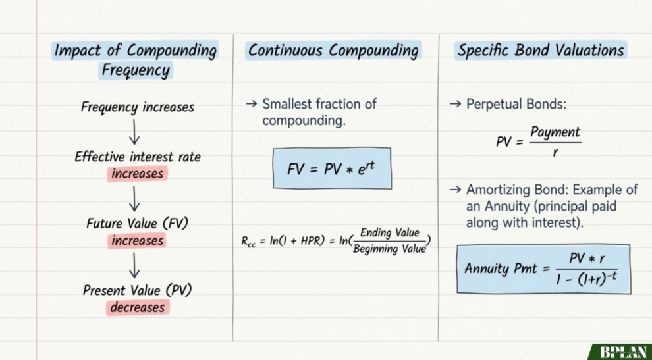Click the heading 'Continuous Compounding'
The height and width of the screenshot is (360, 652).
point(333,51)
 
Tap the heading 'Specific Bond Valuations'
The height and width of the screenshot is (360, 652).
point(541,51)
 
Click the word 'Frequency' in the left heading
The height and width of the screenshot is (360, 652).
point(136,70)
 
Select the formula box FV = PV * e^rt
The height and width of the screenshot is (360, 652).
point(332,168)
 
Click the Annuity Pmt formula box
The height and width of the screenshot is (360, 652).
point(543,269)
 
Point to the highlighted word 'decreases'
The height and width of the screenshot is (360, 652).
point(137,307)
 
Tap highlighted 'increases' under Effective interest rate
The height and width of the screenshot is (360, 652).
point(137,173)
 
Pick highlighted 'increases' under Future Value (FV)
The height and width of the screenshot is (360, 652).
point(137,241)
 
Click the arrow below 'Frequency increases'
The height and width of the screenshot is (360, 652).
point(134,132)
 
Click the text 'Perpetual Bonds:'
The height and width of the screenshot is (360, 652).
point(516,104)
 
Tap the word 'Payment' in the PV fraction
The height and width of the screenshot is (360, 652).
point(555,132)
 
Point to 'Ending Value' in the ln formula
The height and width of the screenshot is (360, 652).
point(390,233)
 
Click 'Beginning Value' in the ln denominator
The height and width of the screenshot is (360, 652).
point(389,249)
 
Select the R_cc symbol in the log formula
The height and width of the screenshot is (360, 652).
point(249,242)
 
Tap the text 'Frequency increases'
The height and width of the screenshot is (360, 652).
point(138,107)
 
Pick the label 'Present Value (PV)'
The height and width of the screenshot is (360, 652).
point(137,290)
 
